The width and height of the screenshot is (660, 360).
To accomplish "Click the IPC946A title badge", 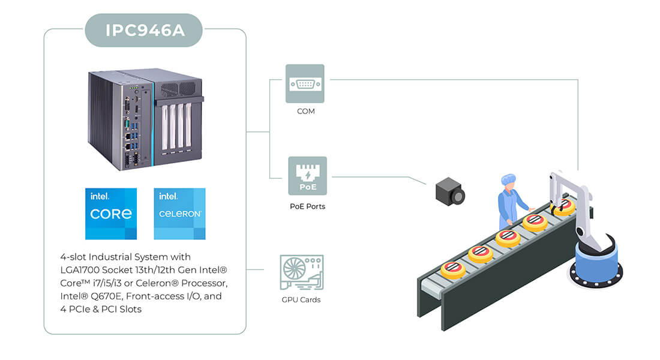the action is tap(143, 31).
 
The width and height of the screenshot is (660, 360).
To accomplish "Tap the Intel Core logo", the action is tap(111, 214).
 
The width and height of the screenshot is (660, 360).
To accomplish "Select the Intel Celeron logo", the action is tap(180, 214).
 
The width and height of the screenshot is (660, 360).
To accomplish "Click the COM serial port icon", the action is tap(305, 83).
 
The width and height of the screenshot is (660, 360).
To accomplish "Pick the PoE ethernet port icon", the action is tap(307, 176).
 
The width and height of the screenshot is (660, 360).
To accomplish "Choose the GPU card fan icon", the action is tap(301, 272).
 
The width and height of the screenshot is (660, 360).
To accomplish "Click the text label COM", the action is tap(305, 111).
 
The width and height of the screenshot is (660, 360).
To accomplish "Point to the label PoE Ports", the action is tap(307, 206).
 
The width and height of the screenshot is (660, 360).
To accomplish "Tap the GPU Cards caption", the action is tap(301, 300).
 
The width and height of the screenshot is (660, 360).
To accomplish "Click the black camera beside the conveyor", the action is tap(450, 191).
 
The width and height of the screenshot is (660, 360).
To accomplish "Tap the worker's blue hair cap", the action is tap(508, 179).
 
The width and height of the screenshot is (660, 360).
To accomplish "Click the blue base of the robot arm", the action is tap(596, 263).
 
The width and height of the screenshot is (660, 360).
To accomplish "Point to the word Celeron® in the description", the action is tap(157, 283).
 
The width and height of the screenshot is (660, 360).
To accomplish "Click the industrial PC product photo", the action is tap(146, 119).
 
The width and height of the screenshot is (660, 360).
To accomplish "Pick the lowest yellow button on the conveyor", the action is tap(453, 269).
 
